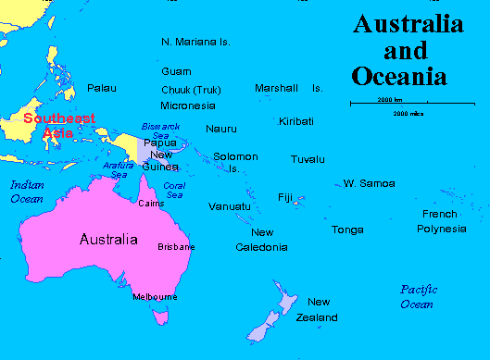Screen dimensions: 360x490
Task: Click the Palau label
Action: point(102,88)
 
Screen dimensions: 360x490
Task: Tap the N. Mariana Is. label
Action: point(195,42)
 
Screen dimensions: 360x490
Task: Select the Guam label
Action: point(176,71)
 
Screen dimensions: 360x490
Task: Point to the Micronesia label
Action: point(188,105)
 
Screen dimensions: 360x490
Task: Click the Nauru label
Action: point(221,128)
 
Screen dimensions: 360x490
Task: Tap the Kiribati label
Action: point(296,121)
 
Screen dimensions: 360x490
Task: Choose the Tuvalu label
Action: point(308,159)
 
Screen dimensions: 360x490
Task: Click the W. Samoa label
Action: point(370,183)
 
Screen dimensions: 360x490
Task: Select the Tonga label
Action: point(347,229)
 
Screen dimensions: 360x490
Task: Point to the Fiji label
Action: point(285,197)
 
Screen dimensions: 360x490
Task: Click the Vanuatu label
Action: point(229,205)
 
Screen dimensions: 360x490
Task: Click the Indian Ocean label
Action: point(27,192)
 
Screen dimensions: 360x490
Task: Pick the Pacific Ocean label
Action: point(417,297)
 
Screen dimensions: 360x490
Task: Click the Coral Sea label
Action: point(174,191)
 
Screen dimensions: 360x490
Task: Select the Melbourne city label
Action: point(155,296)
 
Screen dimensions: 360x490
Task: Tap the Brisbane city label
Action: point(176,247)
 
